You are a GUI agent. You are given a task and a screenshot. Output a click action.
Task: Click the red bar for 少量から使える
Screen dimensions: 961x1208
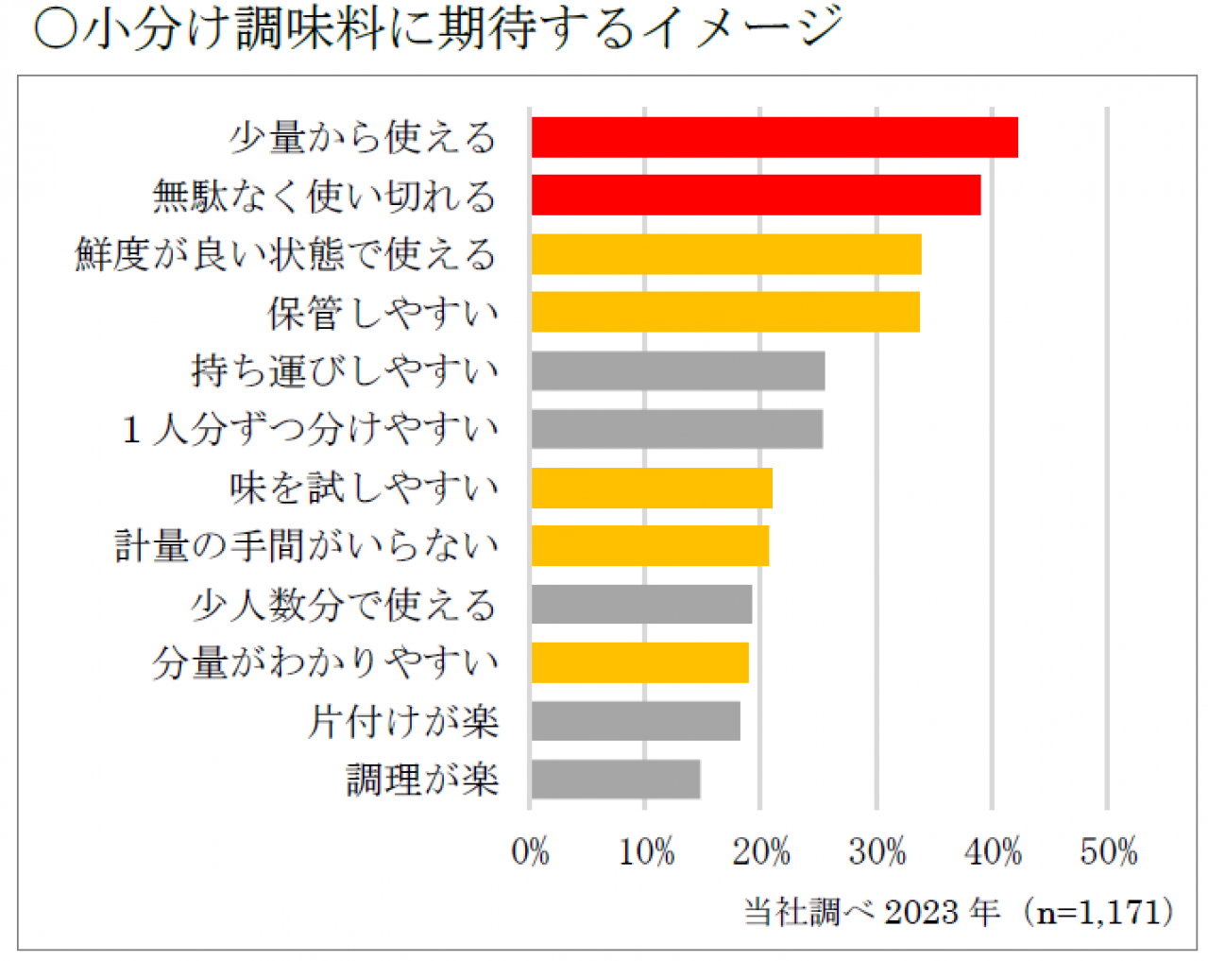(774, 138)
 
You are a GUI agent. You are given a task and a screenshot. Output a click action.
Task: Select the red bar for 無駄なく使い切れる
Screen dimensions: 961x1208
(756, 196)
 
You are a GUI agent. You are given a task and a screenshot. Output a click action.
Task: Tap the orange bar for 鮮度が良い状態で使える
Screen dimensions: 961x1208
(726, 254)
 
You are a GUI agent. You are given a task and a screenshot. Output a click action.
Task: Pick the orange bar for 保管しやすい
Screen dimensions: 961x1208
(725, 313)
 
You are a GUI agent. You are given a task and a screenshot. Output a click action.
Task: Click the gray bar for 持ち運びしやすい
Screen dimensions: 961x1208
(678, 371)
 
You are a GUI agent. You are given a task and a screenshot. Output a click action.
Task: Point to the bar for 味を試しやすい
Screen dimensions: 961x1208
(652, 489)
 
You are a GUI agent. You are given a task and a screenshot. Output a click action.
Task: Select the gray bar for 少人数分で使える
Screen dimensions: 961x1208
(641, 605)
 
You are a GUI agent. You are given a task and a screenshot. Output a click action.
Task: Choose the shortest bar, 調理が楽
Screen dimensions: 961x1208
(616, 780)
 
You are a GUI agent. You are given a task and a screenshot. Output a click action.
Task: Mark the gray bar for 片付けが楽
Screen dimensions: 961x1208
(636, 722)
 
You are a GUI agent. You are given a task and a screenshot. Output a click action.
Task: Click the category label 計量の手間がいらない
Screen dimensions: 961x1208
(307, 546)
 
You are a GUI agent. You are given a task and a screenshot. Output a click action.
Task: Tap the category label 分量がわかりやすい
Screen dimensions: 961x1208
(325, 663)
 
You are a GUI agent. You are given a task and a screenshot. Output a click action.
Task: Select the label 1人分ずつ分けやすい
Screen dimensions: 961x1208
(311, 430)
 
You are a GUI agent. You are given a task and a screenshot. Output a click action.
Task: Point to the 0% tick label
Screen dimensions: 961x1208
(530, 852)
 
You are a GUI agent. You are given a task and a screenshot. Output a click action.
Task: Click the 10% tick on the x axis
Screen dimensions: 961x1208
(646, 852)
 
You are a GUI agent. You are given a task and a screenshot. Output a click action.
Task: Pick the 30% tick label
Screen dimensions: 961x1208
(876, 852)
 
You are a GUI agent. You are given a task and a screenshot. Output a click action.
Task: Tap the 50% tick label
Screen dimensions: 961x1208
(1108, 852)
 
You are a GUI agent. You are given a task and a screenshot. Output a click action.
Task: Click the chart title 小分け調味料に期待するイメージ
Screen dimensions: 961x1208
(463, 28)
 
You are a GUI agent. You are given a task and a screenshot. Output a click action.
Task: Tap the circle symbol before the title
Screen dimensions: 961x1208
(55, 29)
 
